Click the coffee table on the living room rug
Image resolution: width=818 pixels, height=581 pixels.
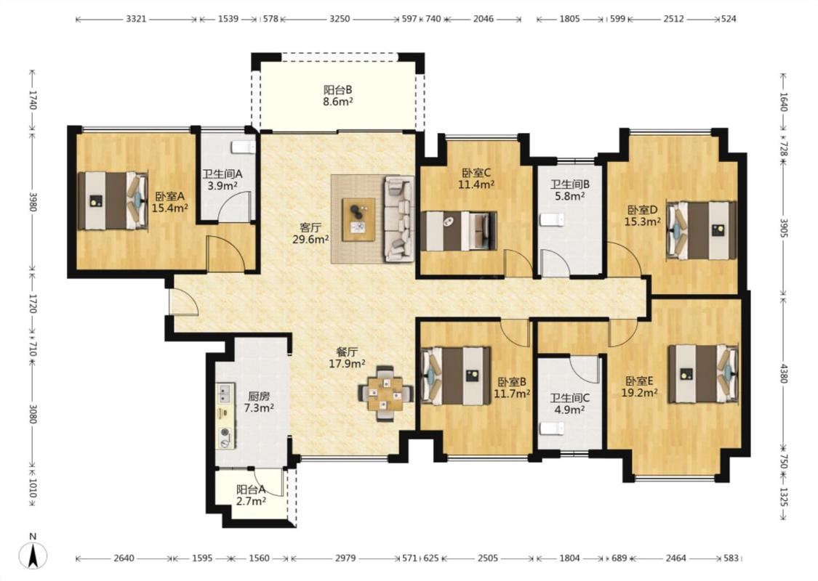point(358,219)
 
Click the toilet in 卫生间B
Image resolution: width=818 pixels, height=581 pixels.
point(552,219)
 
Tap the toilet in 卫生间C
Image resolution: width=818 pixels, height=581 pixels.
point(552,428)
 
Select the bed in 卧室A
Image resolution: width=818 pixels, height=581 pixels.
point(112,200)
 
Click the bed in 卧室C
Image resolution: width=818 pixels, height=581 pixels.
point(459,231)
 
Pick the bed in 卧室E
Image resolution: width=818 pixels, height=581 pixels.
point(703,373)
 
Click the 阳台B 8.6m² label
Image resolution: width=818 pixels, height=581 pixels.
point(337,95)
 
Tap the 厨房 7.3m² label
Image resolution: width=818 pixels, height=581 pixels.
point(259,401)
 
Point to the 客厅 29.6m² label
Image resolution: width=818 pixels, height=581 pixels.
point(310,233)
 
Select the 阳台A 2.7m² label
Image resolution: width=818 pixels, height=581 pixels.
point(251,495)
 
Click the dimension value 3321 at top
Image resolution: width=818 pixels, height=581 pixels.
point(136,19)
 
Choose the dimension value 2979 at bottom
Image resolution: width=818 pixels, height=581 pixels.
point(345,558)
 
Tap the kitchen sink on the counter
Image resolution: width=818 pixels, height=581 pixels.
point(225,393)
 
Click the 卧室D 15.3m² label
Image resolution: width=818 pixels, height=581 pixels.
point(643,216)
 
